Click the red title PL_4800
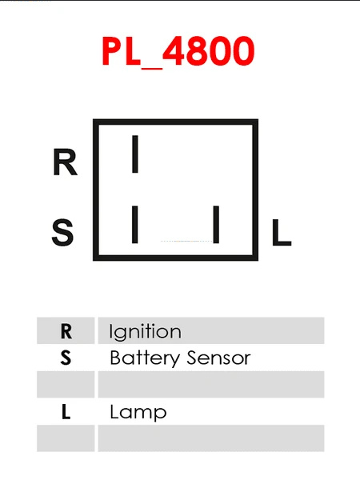[x=178, y=51]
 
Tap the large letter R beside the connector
[x=65, y=162]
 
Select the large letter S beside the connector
[x=62, y=232]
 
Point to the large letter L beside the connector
[x=282, y=232]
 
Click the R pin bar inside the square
[x=134, y=154]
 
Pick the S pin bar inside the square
[x=134, y=225]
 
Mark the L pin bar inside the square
[x=216, y=225]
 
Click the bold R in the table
[x=66, y=331]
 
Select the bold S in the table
[x=66, y=358]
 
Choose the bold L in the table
[x=66, y=412]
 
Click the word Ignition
[x=145, y=332]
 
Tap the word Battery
[x=145, y=358]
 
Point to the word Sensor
[x=218, y=358]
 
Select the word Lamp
[x=138, y=413]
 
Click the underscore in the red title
[x=152, y=68]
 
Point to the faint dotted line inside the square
[x=186, y=242]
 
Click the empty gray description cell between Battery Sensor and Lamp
[x=211, y=385]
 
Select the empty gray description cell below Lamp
[x=211, y=438]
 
